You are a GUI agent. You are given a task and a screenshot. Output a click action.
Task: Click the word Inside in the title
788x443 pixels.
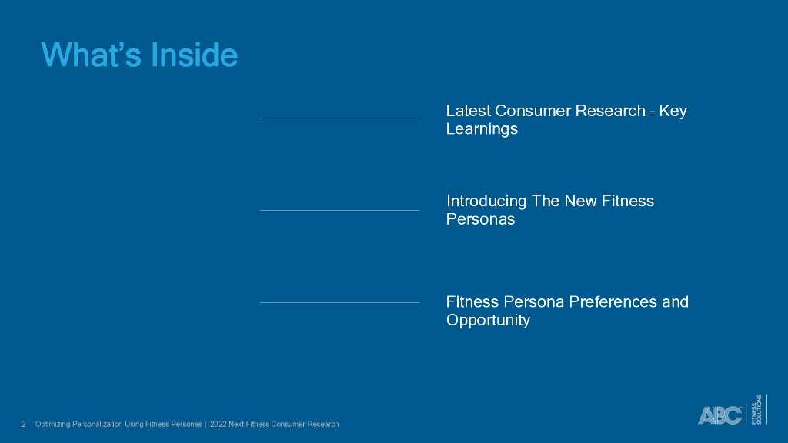[194, 55]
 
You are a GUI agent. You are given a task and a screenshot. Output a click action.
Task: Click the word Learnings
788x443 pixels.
[482, 129]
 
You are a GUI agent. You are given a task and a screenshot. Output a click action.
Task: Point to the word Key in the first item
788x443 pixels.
[673, 111]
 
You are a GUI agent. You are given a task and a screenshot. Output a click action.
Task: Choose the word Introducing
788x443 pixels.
[486, 202]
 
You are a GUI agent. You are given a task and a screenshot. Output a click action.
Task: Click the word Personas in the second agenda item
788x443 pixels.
[480, 219]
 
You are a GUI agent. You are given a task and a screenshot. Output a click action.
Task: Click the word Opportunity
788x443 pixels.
[488, 321]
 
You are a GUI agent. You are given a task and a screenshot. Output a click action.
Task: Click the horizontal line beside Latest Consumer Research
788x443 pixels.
[339, 118]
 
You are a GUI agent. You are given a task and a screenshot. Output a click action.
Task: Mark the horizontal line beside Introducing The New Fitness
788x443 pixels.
[339, 210]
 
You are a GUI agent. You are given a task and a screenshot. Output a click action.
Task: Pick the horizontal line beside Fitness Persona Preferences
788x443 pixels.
[339, 302]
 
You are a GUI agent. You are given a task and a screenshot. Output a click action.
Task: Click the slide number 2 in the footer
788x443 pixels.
[23, 425]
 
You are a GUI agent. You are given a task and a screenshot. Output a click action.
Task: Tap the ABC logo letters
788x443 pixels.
[720, 415]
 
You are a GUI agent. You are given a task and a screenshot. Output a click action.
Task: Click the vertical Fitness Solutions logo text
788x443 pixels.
[756, 409]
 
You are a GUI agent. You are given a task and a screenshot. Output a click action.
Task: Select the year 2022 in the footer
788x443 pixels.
[218, 425]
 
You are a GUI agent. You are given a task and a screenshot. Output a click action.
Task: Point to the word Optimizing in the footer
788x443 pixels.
[52, 425]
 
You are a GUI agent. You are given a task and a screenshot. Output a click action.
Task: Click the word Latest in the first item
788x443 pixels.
[468, 111]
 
